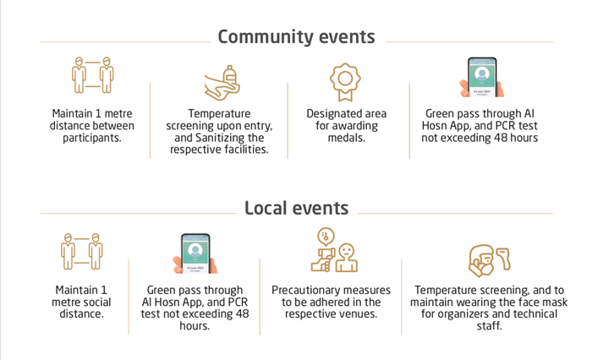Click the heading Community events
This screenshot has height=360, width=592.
point(296,37)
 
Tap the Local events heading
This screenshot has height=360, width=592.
point(296,208)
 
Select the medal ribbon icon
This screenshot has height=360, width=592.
point(345,82)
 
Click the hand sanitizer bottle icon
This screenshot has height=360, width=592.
point(222,83)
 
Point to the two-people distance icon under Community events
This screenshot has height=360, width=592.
point(92,74)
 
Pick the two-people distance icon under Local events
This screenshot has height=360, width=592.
point(82,251)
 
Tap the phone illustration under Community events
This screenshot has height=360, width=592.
point(482,78)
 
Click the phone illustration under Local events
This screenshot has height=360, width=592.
point(195,254)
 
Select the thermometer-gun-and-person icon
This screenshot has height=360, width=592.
point(334,250)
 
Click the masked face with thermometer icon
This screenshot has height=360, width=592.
point(490,260)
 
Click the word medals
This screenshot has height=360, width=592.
point(346,138)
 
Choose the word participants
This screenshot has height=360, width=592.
point(92,138)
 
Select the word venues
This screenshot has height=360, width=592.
point(359,314)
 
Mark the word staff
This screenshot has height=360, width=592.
point(489,325)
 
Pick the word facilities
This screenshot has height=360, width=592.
point(246,150)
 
